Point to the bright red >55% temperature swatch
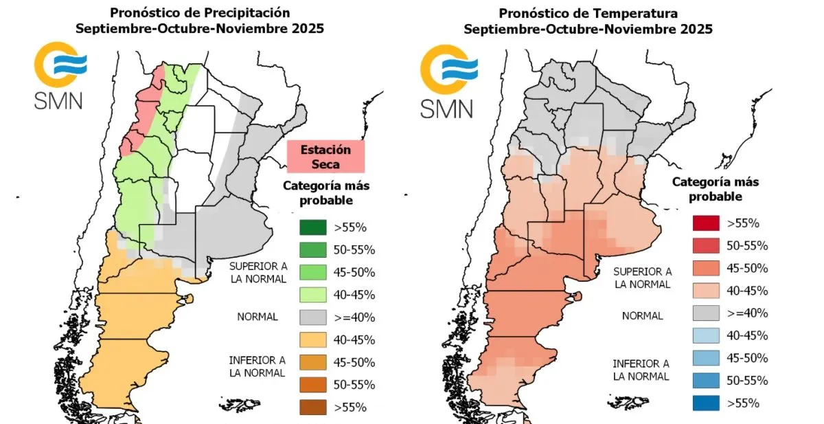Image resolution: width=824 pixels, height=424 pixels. [x=707, y=223]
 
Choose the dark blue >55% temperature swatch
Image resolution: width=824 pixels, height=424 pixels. [x=707, y=403]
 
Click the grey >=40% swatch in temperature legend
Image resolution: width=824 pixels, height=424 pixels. [x=707, y=313]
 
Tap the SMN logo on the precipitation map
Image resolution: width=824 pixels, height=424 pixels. [x=60, y=76]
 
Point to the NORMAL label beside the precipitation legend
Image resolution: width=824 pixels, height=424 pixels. [x=257, y=317]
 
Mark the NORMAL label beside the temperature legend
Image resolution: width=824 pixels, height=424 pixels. [x=643, y=316]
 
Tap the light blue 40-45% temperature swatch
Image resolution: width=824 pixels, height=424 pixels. [x=707, y=335]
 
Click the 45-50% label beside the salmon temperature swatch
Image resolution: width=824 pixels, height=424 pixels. [x=747, y=269]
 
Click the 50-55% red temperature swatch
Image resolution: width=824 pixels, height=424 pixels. [x=707, y=246]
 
